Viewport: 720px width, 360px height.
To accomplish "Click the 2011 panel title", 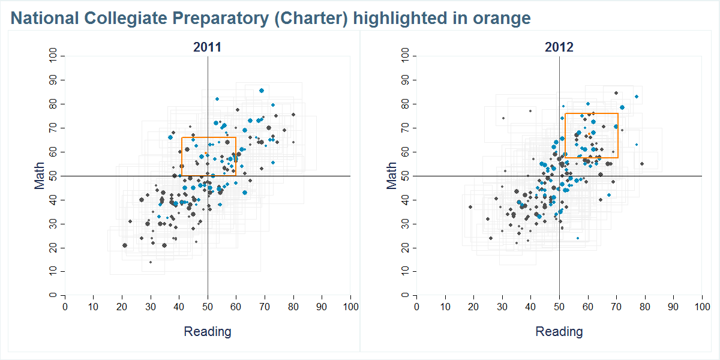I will pyautogui.click(x=207, y=47).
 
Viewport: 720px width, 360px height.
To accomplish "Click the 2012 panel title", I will pyautogui.click(x=559, y=47).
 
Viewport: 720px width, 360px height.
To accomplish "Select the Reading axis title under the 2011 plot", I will pyautogui.click(x=207, y=331).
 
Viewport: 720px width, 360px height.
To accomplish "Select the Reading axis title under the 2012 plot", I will pyautogui.click(x=559, y=331).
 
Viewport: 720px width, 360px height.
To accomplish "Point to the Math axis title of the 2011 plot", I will pyautogui.click(x=40, y=176).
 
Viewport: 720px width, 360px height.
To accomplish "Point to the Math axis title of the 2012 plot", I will pyautogui.click(x=392, y=176).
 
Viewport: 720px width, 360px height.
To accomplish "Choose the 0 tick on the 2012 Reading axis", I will pyautogui.click(x=417, y=307).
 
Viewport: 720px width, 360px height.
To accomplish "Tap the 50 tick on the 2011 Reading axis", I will pyautogui.click(x=208, y=307).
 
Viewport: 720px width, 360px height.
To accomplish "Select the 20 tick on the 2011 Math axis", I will pyautogui.click(x=53, y=248).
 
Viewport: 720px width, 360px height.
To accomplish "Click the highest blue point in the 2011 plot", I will pyautogui.click(x=262, y=91).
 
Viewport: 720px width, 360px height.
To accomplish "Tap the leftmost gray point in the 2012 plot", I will pyautogui.click(x=470, y=207).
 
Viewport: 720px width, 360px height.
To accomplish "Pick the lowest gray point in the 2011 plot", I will pyautogui.click(x=151, y=262).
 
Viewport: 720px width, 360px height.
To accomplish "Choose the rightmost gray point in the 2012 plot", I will pyautogui.click(x=642, y=164).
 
